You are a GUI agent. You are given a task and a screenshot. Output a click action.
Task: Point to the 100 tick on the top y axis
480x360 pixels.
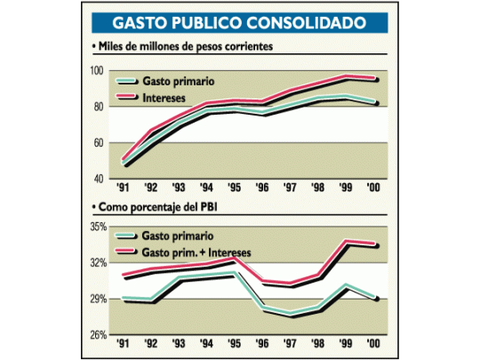(x=99, y=70)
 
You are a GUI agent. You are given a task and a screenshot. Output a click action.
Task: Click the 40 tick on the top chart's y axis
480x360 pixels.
(x=100, y=179)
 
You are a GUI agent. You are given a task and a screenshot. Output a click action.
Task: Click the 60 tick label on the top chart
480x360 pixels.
(x=100, y=142)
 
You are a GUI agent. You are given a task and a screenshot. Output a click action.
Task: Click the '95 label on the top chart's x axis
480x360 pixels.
(x=235, y=188)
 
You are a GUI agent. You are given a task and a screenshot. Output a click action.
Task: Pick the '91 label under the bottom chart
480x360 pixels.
(x=124, y=343)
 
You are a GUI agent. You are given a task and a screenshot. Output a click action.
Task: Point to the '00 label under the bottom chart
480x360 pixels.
(x=375, y=343)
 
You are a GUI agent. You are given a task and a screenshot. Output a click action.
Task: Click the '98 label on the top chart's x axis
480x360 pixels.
(x=319, y=188)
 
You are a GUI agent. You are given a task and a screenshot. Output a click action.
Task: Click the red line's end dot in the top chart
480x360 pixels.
(x=380, y=79)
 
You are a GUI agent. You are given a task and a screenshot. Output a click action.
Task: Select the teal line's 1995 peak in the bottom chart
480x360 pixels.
(x=236, y=274)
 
